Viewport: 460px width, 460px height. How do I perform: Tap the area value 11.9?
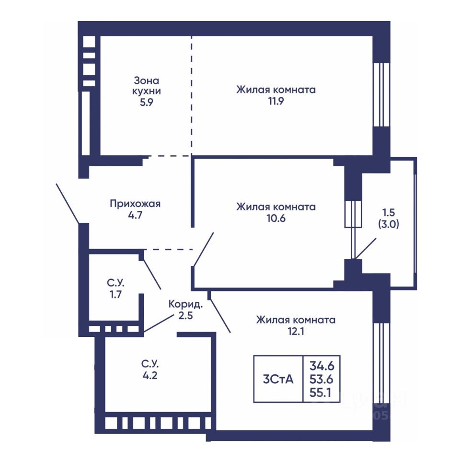[x=276, y=102]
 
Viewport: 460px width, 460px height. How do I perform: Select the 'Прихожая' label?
[x=135, y=204]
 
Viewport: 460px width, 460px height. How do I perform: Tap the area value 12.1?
[x=296, y=331]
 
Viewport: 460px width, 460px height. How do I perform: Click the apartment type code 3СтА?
[x=278, y=379]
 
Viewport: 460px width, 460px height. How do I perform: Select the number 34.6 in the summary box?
[x=322, y=367]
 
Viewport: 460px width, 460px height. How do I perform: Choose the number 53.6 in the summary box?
[x=322, y=379]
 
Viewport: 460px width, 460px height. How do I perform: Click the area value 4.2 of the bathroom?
[x=149, y=376]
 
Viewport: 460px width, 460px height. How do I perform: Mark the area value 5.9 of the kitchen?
[x=147, y=102]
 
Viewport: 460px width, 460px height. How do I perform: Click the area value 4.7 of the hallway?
[x=135, y=216]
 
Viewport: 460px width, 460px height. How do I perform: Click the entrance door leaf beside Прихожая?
[x=68, y=203]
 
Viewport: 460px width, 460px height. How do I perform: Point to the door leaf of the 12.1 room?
[x=220, y=312]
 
